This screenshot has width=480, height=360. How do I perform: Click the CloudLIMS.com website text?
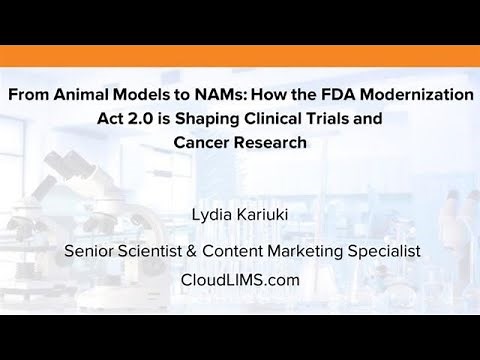click(x=240, y=280)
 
